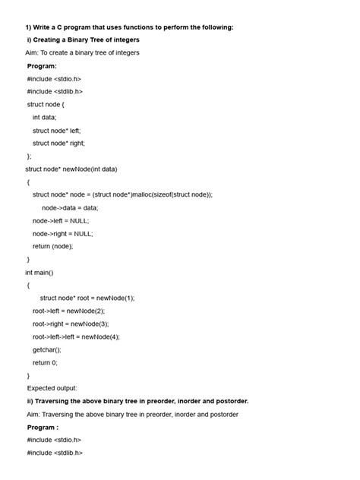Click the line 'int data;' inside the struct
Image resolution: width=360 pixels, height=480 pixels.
tap(44, 117)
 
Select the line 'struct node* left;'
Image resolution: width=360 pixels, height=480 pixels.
tap(56, 130)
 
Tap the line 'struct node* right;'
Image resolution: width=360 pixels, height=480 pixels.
tap(58, 143)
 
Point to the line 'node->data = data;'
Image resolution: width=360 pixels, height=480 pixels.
tap(70, 207)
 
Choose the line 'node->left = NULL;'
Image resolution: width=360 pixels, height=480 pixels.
tap(61, 220)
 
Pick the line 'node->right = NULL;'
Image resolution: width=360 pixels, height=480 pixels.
tap(62, 233)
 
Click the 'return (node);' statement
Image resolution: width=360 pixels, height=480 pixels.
tap(52, 246)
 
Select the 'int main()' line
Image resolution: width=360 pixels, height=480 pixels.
tap(39, 272)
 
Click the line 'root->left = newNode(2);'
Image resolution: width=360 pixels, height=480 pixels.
tap(68, 311)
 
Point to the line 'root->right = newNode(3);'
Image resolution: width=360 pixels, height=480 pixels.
tap(71, 324)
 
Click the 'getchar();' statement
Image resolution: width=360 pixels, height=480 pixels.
tap(46, 349)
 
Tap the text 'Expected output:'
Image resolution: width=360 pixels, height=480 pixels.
tap(52, 388)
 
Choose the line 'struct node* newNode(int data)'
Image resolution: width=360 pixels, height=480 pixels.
tap(71, 169)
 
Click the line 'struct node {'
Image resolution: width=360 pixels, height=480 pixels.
tap(46, 104)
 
